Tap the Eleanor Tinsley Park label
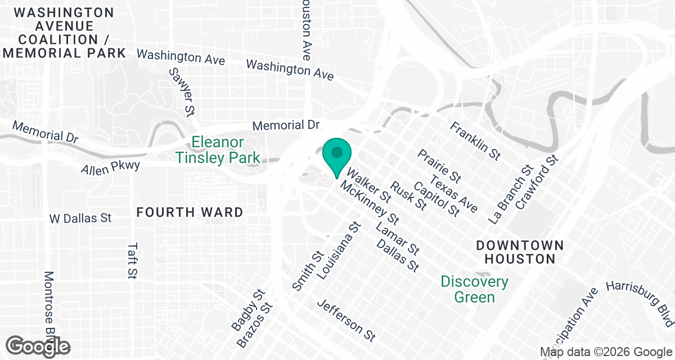pyautogui.click(x=218, y=150)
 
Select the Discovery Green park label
pyautogui.click(x=474, y=289)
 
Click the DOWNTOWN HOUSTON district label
pyautogui.click(x=519, y=252)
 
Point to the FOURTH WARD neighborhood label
pyautogui.click(x=190, y=213)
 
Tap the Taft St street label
pyautogui.click(x=133, y=260)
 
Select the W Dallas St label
pyautogui.click(x=80, y=218)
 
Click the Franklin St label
pyautogui.click(x=475, y=139)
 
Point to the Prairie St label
pyautogui.click(x=439, y=166)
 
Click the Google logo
pyautogui.click(x=38, y=346)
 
